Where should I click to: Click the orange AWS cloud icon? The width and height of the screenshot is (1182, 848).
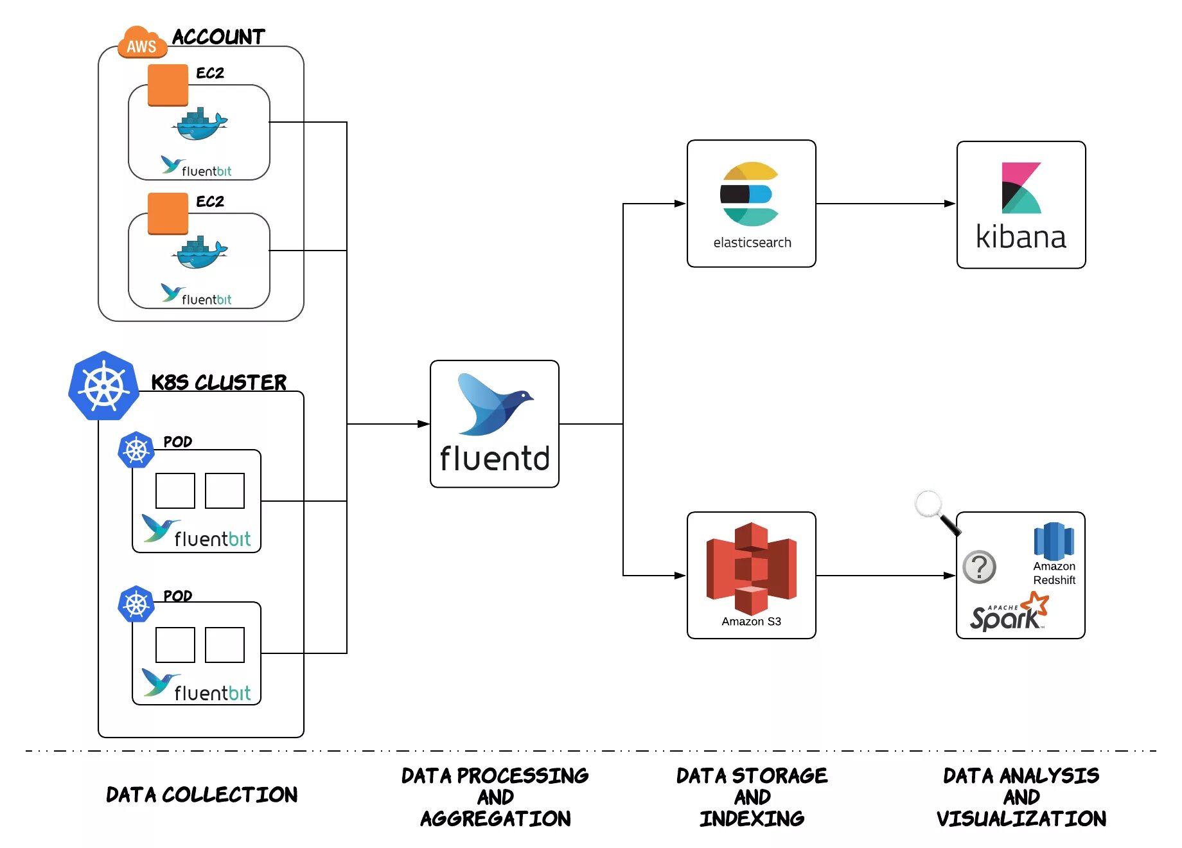pos(142,42)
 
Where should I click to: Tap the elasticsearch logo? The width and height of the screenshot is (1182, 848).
pos(750,194)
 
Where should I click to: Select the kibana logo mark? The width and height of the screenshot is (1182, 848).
pos(1021,188)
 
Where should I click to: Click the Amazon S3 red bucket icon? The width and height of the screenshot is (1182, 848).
pos(751,569)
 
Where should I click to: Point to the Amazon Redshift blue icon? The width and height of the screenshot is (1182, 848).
pos(1054,542)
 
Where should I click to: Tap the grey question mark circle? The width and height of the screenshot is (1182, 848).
pos(980,567)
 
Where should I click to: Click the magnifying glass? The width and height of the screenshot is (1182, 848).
pos(938,513)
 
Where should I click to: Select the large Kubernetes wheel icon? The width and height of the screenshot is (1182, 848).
pos(103,385)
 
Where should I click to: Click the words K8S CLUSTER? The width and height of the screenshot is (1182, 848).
pos(218,382)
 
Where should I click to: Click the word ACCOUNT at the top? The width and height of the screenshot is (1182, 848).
pos(218,37)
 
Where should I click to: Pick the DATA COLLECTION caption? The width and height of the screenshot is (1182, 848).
pos(202,795)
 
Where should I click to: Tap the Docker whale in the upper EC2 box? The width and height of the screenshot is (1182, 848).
pos(200,124)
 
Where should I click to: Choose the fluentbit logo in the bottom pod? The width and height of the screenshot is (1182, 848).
pos(196,685)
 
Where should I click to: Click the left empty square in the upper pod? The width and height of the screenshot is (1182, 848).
pos(175,491)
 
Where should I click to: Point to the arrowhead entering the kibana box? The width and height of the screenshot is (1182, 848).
pos(950,204)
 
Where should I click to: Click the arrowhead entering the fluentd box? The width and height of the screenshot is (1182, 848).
pos(423,424)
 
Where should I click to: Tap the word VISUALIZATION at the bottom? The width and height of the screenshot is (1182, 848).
pos(1021,818)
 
